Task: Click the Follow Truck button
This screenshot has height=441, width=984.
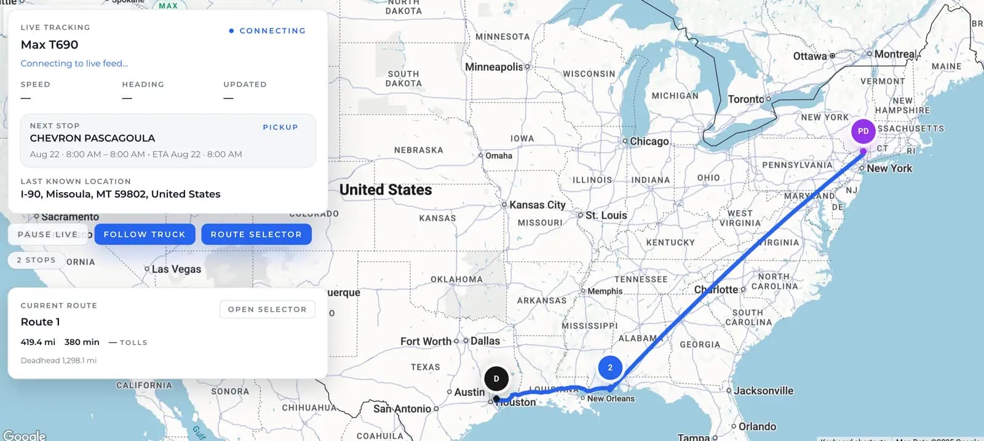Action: (145, 234)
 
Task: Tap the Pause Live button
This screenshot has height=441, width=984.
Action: (48, 234)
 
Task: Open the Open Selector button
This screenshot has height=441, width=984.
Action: (267, 309)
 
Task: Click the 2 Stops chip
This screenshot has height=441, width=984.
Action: (36, 260)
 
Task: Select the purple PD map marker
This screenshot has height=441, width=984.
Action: (863, 131)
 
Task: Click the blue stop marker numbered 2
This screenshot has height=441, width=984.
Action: (609, 368)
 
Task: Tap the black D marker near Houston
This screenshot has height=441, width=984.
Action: (496, 379)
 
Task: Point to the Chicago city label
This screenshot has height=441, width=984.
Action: (649, 141)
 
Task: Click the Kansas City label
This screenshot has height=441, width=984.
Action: (537, 205)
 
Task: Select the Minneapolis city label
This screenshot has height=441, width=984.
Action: (494, 67)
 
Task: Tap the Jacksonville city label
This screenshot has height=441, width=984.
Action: (763, 390)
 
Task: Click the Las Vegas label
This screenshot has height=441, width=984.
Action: (176, 269)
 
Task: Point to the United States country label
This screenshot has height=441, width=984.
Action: (386, 190)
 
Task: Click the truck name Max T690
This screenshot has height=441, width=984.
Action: (49, 44)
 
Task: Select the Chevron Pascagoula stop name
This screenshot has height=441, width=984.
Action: (92, 138)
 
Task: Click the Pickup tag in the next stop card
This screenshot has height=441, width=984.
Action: (280, 127)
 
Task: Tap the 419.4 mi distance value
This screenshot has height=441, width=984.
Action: (38, 342)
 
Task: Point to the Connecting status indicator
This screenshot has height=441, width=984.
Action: (267, 31)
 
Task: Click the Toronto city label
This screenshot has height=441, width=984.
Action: (746, 99)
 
